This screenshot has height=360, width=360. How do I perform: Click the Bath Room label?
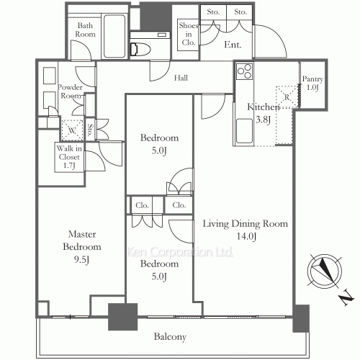tap(86, 30)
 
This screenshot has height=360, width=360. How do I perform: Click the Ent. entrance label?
tap(233, 45)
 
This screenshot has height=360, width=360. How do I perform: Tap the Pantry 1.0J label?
tap(312, 83)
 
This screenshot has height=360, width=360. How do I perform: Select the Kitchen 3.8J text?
tap(260, 114)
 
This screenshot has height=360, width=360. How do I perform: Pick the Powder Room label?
tap(71, 91)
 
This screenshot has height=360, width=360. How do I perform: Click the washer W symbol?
tap(71, 130)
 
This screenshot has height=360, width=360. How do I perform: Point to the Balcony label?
tap(170, 336)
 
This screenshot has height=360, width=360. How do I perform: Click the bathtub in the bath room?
tap(114, 32)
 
